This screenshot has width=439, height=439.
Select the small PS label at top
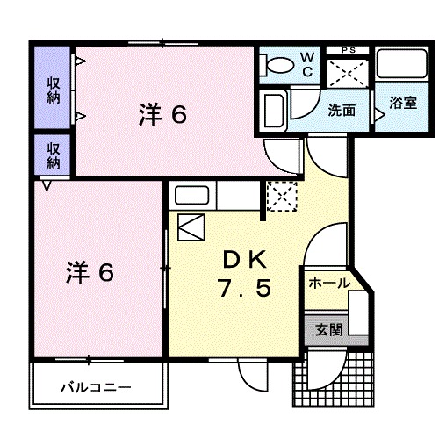[x=349, y=49]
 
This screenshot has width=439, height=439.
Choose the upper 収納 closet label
[x=53, y=88]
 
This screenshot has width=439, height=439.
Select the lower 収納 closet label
[x=53, y=155]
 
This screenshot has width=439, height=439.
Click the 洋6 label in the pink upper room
[x=163, y=114]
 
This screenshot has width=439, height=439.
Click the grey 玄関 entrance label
[x=329, y=331]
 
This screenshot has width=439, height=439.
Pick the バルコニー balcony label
[x=96, y=386]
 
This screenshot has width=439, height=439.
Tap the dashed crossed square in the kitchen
[x=282, y=196]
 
